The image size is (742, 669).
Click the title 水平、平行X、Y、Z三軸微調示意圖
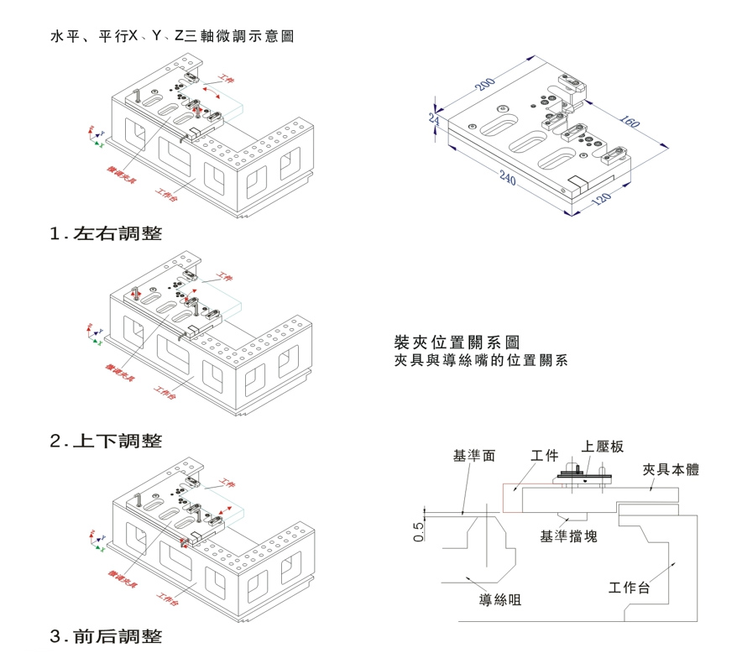[172, 38]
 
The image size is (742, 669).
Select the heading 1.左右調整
[107, 234]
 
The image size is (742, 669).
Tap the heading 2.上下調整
[107, 441]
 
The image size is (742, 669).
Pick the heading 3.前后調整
[107, 636]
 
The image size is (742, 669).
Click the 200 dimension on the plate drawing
[485, 85]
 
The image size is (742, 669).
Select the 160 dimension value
[629, 120]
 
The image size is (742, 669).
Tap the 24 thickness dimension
[433, 119]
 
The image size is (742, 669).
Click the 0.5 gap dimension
[419, 530]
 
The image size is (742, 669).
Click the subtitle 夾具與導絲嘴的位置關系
[481, 361]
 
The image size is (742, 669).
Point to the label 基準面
[474, 456]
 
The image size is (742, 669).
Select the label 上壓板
[603, 447]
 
